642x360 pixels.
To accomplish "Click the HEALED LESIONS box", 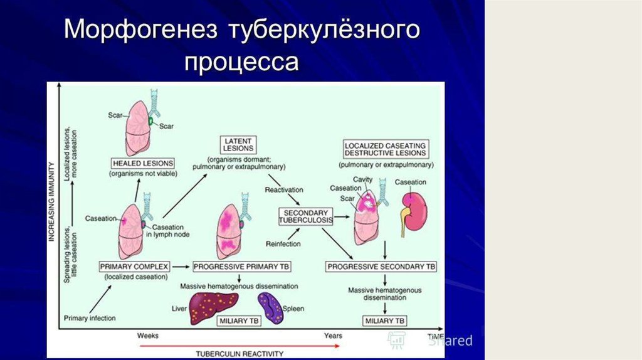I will pos(142,162).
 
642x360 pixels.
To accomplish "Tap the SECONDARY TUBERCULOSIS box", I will pos(305,217).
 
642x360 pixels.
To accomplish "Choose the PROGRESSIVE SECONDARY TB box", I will pos(381,266).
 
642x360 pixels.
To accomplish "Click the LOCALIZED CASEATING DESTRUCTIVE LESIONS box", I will pos(386,149).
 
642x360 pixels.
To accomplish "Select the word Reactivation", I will pos(284,189).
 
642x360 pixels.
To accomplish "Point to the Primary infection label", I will pos(90,318).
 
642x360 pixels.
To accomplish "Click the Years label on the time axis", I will pos(333,336).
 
